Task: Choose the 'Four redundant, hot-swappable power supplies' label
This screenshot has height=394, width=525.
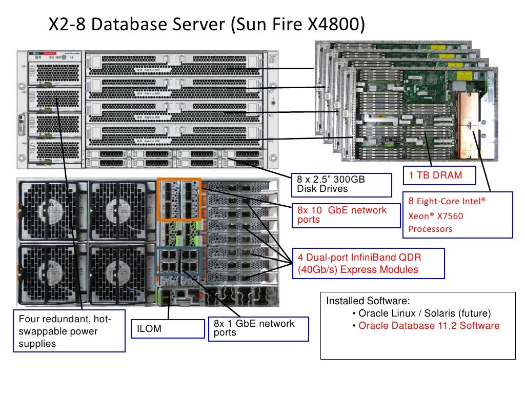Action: (x=69, y=331)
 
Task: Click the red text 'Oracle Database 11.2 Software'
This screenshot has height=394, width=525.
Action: (x=429, y=326)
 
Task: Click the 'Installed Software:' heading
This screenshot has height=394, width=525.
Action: (x=368, y=301)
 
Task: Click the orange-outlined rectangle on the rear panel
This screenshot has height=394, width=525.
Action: (x=179, y=200)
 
